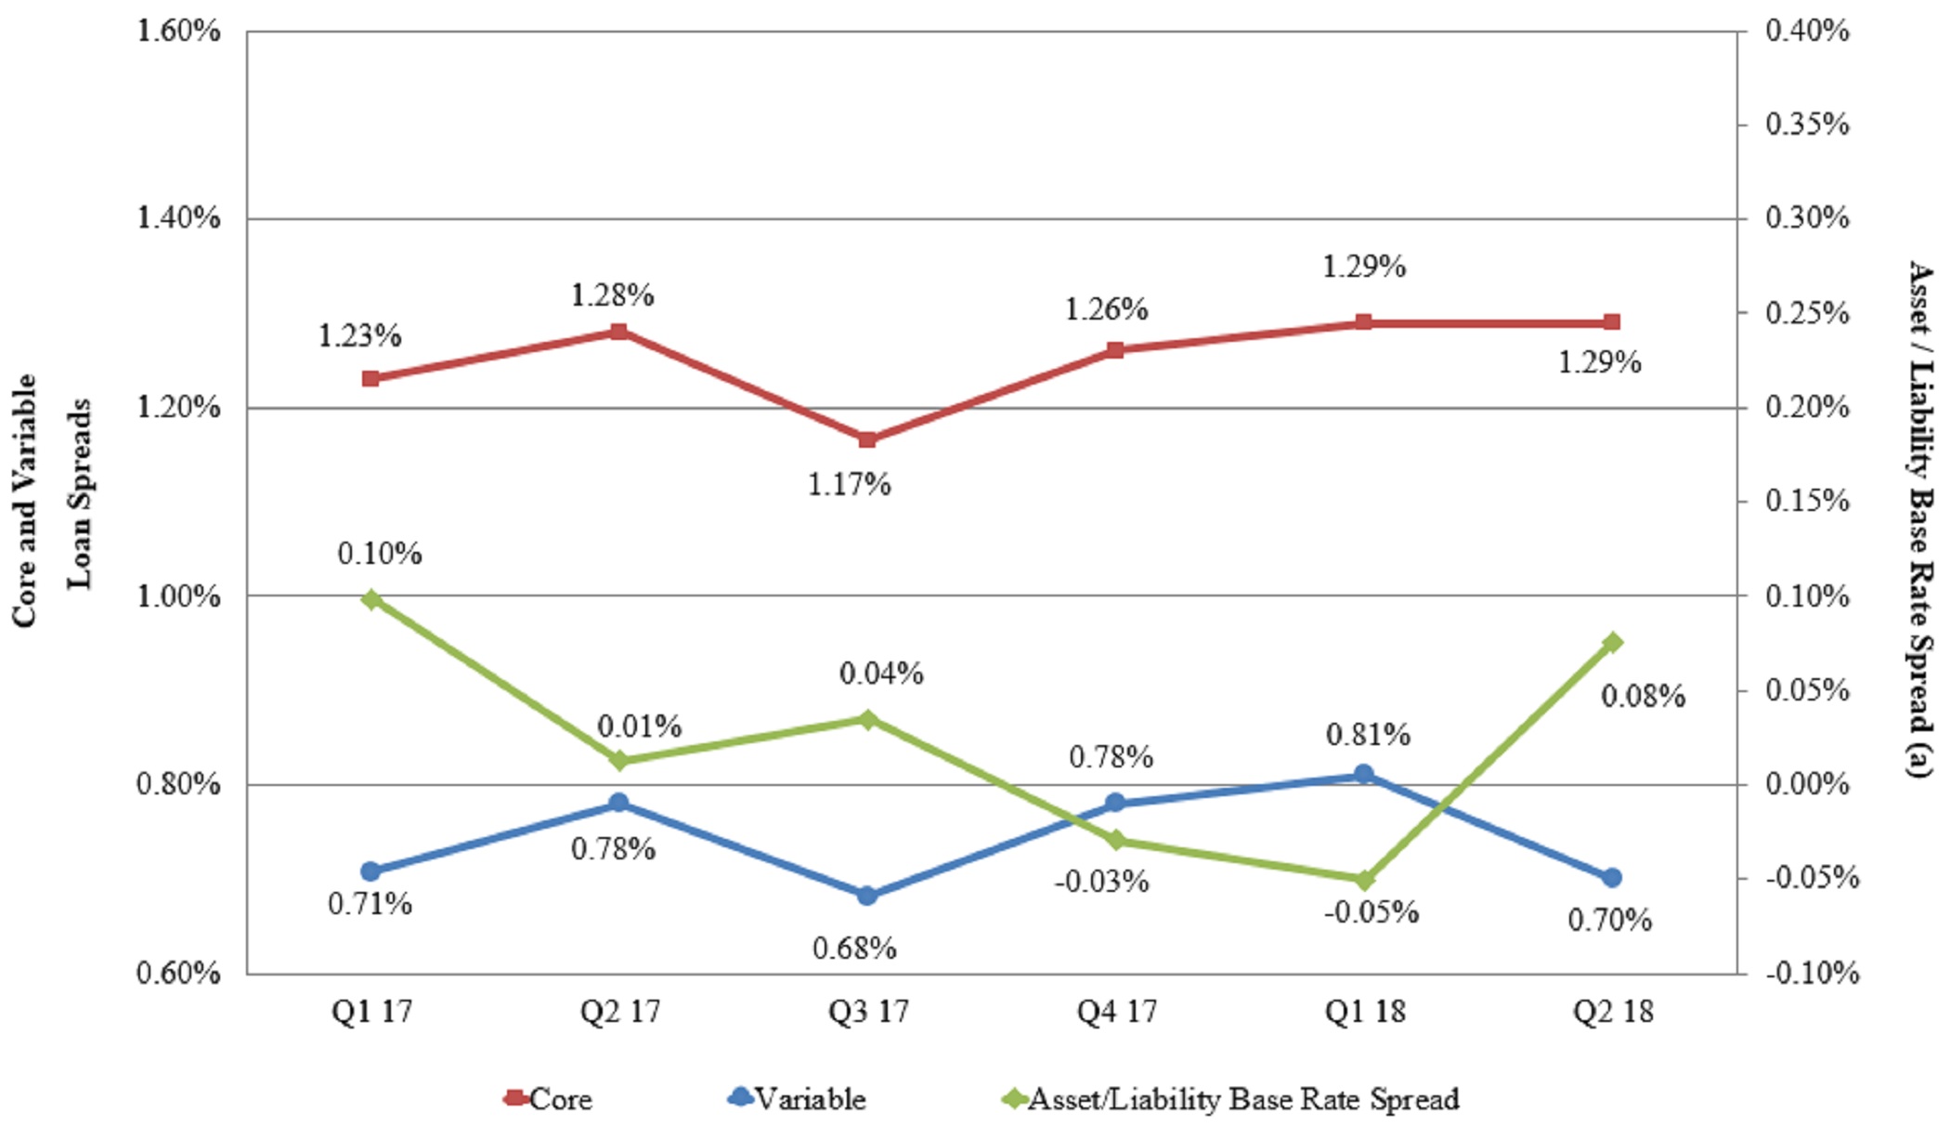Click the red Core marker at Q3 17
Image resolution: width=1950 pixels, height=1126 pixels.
point(867,439)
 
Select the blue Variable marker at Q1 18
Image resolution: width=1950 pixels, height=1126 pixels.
point(1363,774)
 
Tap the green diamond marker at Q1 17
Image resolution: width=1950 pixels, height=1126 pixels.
point(371,599)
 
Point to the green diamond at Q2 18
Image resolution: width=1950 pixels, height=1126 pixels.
point(1612,642)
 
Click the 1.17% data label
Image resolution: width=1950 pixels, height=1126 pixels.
point(849,485)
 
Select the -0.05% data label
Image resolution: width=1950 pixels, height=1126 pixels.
point(1371,912)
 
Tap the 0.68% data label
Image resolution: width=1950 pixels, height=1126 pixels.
point(854,949)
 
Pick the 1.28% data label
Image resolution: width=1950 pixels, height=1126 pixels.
point(612,295)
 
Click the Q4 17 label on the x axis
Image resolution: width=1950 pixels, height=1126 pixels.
point(1116,1011)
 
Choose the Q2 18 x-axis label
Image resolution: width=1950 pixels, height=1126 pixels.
point(1612,1011)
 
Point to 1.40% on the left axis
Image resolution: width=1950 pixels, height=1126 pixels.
point(178,218)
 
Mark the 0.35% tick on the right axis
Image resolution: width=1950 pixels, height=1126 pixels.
point(1807,124)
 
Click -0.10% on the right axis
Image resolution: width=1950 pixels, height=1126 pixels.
point(1812,973)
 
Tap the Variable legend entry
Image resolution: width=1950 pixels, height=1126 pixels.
point(799,1099)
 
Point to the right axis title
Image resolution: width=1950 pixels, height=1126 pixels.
point(1920,518)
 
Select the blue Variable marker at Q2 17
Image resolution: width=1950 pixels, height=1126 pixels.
point(619,803)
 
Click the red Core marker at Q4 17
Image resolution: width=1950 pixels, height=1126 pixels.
point(1116,350)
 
